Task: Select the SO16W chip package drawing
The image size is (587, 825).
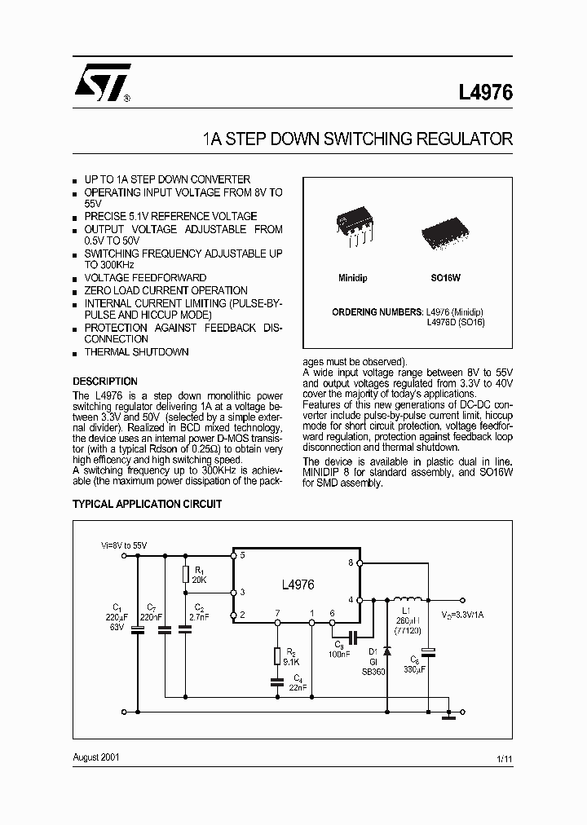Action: pos(445,233)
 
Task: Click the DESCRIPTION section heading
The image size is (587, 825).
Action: pos(105,382)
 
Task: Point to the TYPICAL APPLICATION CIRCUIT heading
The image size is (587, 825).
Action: pos(147,505)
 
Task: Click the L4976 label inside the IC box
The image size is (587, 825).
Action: pos(297,585)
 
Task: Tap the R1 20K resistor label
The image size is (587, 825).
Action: pos(198,574)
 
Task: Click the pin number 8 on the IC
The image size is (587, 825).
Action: pos(351,563)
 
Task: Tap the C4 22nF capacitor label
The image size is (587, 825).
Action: pos(298,683)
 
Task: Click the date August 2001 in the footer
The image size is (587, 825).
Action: pos(96,757)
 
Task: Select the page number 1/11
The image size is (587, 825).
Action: pos(505,760)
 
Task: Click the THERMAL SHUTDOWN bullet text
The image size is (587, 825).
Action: pos(136,352)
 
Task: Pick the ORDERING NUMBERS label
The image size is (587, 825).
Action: pos(377,312)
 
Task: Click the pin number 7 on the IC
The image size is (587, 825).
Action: pos(278,612)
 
